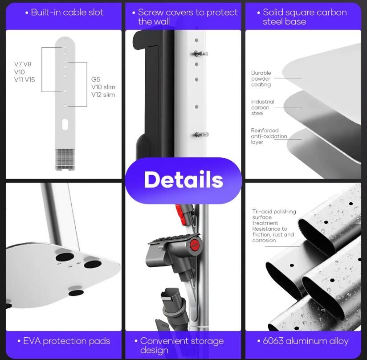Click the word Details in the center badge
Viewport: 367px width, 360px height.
183,180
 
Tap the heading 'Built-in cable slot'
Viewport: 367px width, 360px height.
67,12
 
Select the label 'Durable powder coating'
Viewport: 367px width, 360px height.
261,79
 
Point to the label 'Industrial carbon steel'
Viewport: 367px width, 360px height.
262,107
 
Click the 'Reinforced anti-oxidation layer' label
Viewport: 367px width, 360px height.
269,136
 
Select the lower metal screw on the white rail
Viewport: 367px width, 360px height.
201,135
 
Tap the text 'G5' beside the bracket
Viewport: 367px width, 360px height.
96,79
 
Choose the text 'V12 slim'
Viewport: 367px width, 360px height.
103,94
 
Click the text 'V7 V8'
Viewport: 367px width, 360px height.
23,64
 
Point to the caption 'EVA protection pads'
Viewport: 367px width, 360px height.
66,341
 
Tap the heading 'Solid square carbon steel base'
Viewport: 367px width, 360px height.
305,16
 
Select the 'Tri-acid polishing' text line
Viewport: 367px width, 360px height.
274,212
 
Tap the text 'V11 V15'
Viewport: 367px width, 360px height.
24,80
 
